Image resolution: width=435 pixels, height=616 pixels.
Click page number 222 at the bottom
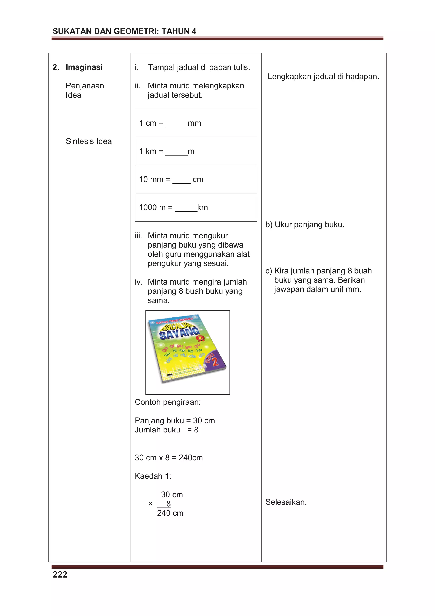pos(60,574)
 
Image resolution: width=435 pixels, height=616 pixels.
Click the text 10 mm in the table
pos(151,179)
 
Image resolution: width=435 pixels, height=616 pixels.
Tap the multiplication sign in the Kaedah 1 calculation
pos(150,504)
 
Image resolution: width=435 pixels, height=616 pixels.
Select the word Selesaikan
pos(286,502)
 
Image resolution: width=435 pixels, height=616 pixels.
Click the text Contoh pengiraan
pos(168,402)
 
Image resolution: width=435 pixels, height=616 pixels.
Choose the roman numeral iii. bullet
pos(138,236)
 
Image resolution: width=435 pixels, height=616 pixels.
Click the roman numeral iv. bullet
pos(138,282)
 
